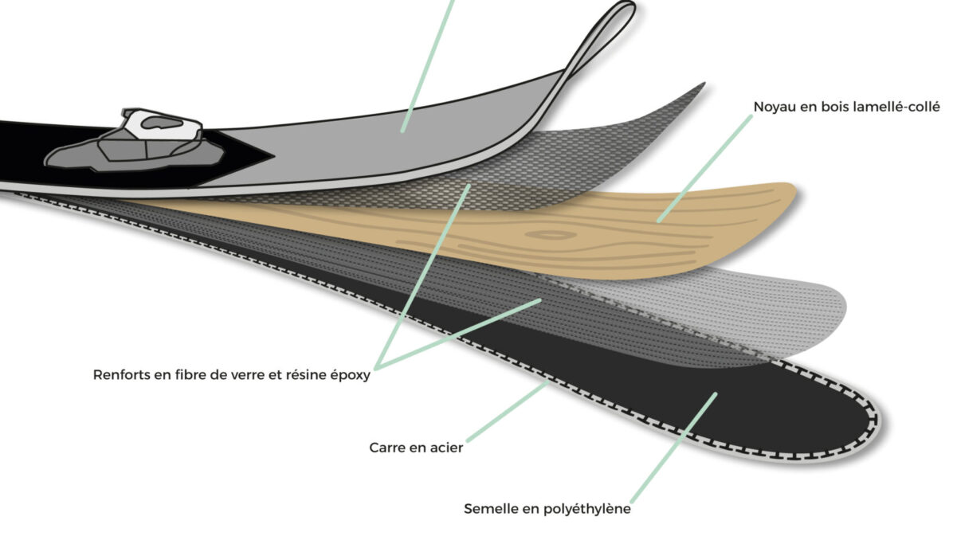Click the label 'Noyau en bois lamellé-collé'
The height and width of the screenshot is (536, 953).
click(846, 107)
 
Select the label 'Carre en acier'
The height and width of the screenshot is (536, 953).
click(416, 448)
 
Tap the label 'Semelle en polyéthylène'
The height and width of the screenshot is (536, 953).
click(547, 509)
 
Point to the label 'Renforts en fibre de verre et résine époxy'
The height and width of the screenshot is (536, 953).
click(232, 375)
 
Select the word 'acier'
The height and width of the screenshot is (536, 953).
click(445, 448)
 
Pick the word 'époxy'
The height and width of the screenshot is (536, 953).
click(350, 376)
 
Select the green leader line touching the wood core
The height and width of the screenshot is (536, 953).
click(705, 168)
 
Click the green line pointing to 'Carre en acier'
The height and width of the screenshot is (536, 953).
click(508, 412)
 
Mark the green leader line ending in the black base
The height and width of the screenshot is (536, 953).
click(674, 448)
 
